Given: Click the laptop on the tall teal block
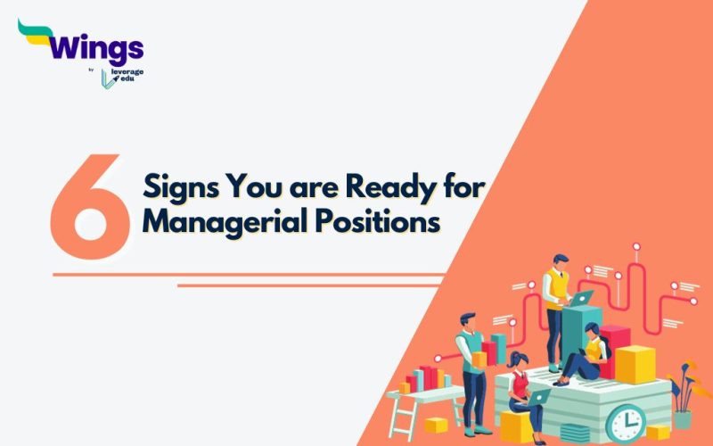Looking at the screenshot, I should pyautogui.click(x=581, y=299).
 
